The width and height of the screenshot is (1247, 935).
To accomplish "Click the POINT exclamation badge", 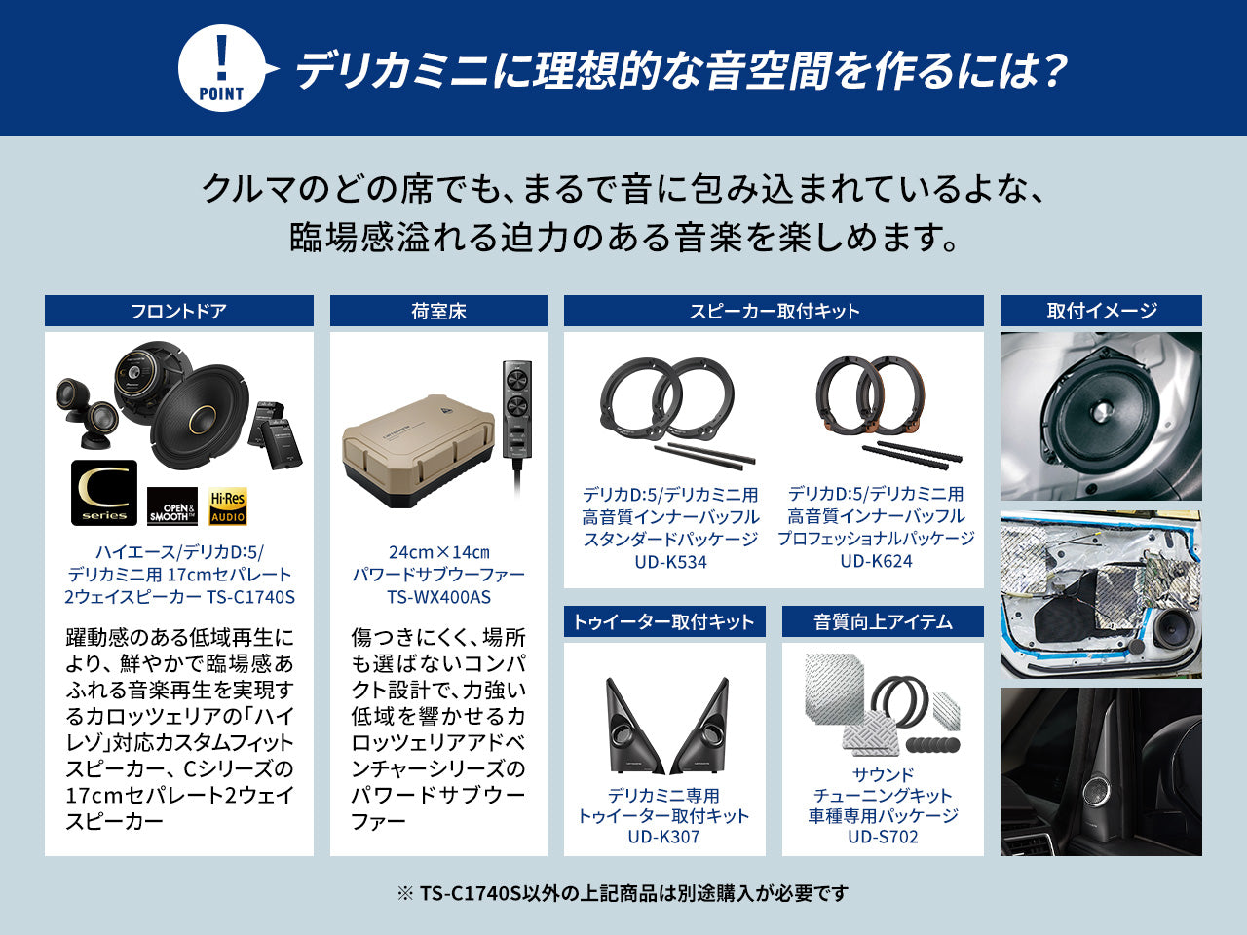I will [221, 69].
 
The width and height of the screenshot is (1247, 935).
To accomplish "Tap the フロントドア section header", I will [178, 311].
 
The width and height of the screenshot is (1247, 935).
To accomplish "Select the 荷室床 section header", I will [438, 311].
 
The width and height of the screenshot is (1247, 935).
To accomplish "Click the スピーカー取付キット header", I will [774, 311].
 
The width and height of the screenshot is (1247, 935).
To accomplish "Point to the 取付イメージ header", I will [1101, 311].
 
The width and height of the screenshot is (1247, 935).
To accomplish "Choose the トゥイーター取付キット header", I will [663, 621].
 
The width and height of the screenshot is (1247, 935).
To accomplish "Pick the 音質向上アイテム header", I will [883, 621].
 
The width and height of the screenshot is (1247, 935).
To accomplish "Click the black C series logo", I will [104, 493].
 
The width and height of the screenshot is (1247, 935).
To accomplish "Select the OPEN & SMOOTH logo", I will [172, 507].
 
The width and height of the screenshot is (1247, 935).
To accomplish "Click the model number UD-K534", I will [670, 562].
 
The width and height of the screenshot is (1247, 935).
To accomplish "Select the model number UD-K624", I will [876, 561].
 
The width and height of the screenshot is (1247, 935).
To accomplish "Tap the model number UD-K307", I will [663, 837].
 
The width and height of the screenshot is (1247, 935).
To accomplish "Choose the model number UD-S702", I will [883, 837].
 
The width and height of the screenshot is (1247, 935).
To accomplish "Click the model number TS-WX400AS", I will [438, 597].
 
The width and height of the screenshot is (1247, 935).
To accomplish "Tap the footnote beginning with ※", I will [623, 893].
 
